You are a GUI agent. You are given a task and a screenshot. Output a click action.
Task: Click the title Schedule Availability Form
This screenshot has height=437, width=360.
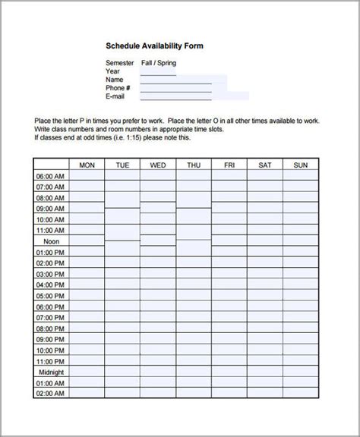(x=154, y=46)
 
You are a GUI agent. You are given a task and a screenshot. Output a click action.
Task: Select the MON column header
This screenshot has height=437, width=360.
(x=87, y=165)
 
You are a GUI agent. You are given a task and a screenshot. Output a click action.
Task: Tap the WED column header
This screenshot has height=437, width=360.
(x=158, y=165)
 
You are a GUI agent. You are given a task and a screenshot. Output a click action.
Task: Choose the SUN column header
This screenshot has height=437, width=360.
(x=301, y=165)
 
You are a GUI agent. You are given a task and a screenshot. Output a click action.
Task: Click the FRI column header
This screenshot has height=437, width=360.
(x=229, y=165)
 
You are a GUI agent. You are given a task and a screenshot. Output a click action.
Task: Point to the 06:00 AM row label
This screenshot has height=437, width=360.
(x=50, y=176)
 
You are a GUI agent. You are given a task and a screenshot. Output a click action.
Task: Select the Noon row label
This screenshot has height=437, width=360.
(x=50, y=241)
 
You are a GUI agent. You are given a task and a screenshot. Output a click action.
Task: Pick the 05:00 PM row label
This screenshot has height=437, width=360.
(x=50, y=296)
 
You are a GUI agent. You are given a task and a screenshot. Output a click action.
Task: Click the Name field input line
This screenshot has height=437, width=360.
(x=183, y=80)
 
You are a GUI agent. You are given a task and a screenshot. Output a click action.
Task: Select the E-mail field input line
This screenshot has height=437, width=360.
(x=194, y=97)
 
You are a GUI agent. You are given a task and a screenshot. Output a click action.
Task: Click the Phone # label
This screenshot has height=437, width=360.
(x=119, y=88)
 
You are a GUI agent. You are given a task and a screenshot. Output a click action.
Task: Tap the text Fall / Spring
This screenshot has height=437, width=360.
(x=159, y=63)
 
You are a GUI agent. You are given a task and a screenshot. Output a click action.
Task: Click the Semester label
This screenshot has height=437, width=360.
(x=120, y=63)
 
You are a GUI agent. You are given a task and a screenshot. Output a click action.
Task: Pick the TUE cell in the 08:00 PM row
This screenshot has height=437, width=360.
(x=122, y=329)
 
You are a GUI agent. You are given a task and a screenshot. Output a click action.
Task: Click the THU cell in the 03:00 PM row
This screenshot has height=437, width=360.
(x=194, y=274)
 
